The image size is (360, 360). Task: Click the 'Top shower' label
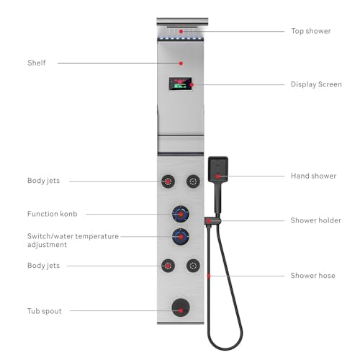pos(311,31)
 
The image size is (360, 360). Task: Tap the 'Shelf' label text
pos(37,63)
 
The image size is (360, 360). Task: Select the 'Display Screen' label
pos(316,84)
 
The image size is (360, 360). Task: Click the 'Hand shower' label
pos(313,176)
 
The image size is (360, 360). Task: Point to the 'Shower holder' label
pos(316,220)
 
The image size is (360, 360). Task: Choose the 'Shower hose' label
pos(312,276)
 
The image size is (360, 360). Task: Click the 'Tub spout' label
pos(45,311)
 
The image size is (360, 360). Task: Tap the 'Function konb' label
pos(53,214)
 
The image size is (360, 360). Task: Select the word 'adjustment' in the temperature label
pos(47,245)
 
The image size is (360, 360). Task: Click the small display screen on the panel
pos(181,84)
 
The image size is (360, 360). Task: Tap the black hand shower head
pos(218,169)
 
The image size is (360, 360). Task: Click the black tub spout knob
pos(181,307)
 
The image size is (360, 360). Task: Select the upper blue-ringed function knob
pos(181,214)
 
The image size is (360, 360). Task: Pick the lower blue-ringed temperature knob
pos(181,237)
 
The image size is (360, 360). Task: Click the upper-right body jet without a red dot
pos(193,181)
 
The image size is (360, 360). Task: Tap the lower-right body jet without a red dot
pos(193,266)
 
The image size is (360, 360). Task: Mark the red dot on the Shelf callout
pos(181,63)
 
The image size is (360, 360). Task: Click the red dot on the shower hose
pos(209,276)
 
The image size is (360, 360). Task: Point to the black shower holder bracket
pos(212,221)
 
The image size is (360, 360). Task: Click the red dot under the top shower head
pos(181,32)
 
